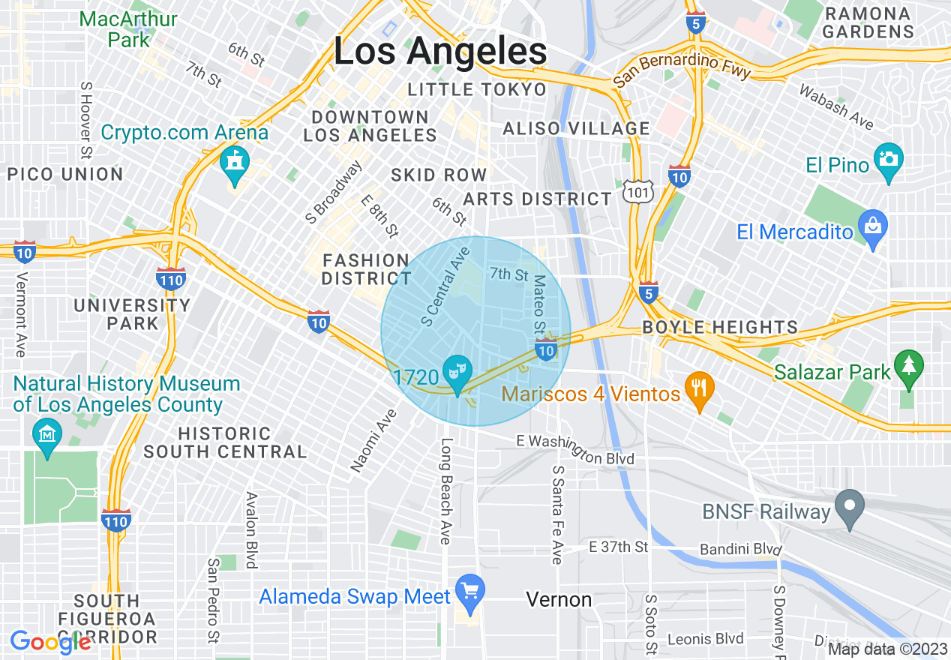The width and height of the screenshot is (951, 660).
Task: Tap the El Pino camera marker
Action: pyautogui.click(x=889, y=161)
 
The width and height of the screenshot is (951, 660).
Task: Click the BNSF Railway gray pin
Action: pyautogui.click(x=849, y=508)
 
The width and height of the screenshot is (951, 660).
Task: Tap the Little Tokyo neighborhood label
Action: pyautogui.click(x=477, y=90)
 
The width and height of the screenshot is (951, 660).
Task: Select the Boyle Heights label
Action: pyautogui.click(x=720, y=328)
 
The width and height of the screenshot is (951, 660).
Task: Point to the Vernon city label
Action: pyautogui.click(x=559, y=599)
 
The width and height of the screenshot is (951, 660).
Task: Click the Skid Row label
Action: pyautogui.click(x=439, y=175)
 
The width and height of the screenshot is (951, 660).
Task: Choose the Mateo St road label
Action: pyautogui.click(x=539, y=304)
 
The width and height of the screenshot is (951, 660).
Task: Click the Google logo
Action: pyautogui.click(x=51, y=642)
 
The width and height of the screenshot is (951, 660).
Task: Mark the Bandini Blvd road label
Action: pyautogui.click(x=740, y=550)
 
